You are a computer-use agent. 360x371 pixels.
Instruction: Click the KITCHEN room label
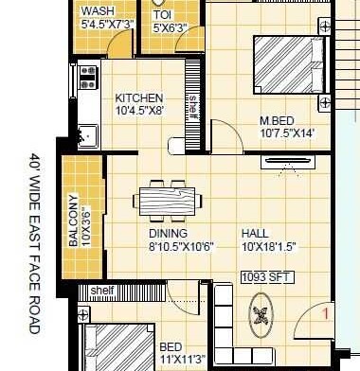tap(139, 97)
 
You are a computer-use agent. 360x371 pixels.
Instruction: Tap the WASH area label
tap(99, 10)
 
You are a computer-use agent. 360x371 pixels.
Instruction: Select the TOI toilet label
tap(163, 16)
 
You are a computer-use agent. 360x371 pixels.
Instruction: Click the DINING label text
tap(168, 233)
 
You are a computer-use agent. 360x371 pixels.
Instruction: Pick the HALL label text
tap(254, 233)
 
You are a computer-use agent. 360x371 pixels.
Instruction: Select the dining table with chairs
tap(167, 202)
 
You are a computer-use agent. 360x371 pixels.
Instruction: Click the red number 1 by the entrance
tap(325, 310)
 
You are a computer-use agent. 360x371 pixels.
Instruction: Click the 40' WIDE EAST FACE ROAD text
tap(35, 243)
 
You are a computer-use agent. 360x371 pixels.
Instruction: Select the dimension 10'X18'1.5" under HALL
tap(268, 246)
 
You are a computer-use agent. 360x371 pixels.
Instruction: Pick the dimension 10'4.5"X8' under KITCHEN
tap(140, 110)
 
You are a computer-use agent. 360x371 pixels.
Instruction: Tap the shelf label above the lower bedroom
tap(102, 290)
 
